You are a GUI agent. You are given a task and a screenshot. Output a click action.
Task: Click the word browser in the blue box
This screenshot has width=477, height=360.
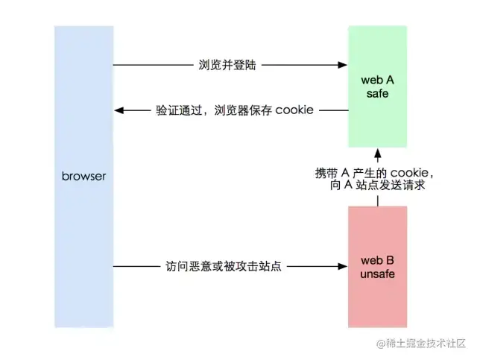(x=84, y=177)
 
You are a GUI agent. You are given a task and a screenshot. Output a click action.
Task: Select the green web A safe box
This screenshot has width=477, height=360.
(x=377, y=86)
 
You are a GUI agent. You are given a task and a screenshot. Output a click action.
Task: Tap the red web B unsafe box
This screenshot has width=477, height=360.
(x=377, y=266)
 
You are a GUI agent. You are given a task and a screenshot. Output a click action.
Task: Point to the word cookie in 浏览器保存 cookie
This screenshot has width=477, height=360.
(x=294, y=110)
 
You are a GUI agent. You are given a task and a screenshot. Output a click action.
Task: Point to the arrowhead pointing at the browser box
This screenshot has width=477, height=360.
(x=119, y=110)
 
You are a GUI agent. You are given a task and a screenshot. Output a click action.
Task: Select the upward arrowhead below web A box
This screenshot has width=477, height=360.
(x=377, y=157)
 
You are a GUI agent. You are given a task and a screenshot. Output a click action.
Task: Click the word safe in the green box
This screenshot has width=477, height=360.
(x=377, y=93)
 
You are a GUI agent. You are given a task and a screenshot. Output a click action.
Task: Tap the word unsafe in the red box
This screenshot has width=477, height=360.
(x=377, y=274)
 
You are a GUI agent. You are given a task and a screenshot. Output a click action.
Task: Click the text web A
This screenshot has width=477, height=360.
(x=377, y=79)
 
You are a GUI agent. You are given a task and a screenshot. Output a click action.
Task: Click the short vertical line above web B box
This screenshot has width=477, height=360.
(x=377, y=200)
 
